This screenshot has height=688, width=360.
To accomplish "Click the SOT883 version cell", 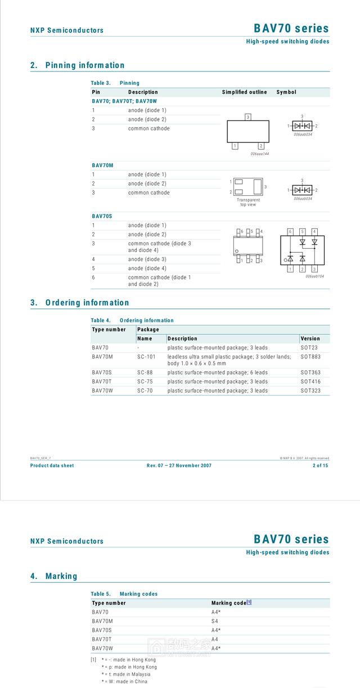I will coord(310,357).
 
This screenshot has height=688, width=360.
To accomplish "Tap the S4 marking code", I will coord(215,621).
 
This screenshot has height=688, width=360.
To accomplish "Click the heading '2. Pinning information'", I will coord(77,65).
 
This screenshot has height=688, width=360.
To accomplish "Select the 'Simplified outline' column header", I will coord(244,92).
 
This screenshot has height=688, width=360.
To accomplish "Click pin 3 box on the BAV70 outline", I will coord(247,117).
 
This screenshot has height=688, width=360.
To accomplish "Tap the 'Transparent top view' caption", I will coord(248,203).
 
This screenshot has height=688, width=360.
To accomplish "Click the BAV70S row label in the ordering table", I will coord(102,372).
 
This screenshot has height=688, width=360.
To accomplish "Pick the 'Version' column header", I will coord(310,339).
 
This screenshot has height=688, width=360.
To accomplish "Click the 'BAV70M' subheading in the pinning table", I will coord(102,165).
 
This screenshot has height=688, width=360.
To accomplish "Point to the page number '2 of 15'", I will coord(321,465).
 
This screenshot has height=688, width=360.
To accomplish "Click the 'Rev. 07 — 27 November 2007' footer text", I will coord(179,465).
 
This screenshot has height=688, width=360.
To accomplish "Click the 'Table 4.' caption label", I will coord(101,321).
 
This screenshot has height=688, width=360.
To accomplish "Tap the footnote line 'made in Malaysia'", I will coord(126,674).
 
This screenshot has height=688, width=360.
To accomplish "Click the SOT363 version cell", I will coord(310,372).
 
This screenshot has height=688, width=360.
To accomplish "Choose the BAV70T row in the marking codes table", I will coord(102,639).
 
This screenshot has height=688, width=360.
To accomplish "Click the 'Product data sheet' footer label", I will coord(52,465).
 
